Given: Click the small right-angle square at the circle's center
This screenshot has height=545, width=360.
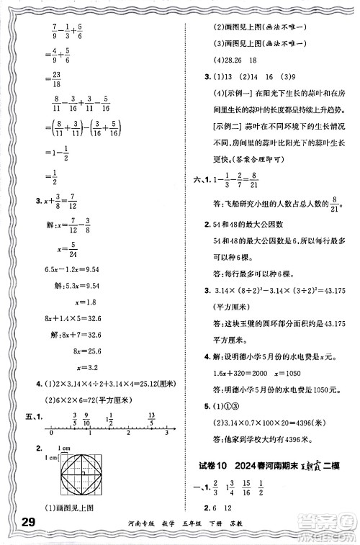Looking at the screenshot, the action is coord(84,474).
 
